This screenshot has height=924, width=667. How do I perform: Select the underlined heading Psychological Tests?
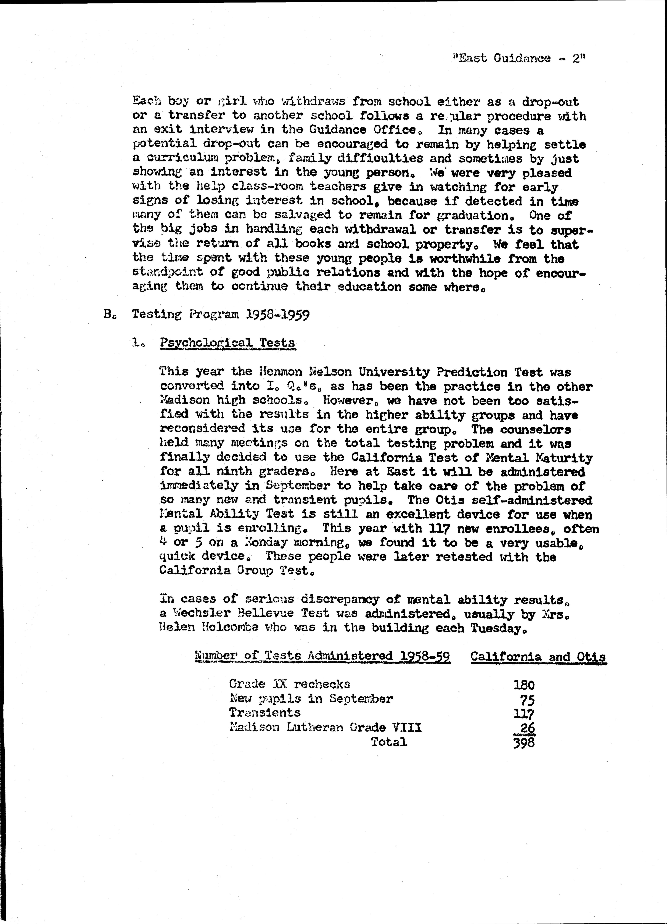pyautogui.click(x=227, y=343)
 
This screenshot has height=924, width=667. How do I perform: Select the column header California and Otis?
pyautogui.click(x=538, y=657)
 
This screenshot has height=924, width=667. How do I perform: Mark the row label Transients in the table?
pyautogui.click(x=265, y=713)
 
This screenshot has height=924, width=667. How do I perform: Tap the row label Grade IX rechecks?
pyautogui.click(x=289, y=684)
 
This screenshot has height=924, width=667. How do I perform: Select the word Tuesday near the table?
pyautogui.click(x=496, y=628)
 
